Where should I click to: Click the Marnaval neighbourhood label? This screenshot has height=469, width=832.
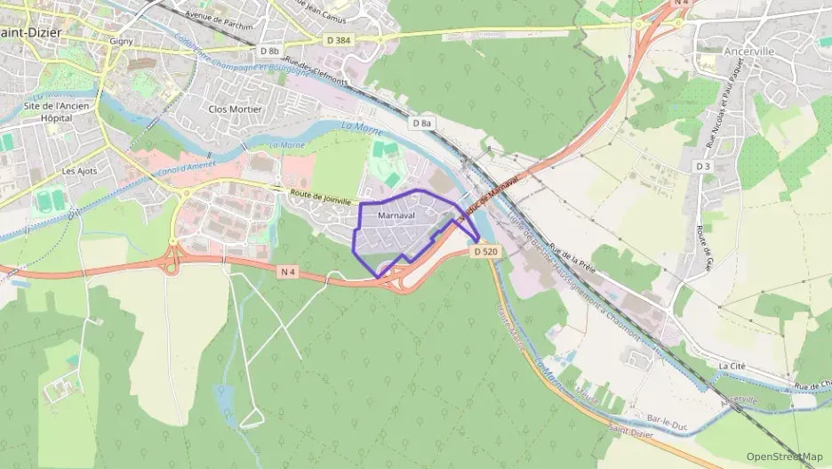(396, 215)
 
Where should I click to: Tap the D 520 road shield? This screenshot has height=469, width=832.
(485, 252)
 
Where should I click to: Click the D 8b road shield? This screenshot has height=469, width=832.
(270, 51)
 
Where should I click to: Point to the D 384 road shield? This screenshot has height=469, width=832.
(339, 41)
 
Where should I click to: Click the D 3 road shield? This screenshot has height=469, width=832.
(703, 166)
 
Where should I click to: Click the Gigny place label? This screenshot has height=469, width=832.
(120, 41)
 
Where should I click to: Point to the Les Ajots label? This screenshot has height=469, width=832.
(79, 171)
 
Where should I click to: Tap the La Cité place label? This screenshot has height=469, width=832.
(732, 366)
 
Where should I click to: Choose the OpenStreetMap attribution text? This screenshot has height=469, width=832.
(785, 457)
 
